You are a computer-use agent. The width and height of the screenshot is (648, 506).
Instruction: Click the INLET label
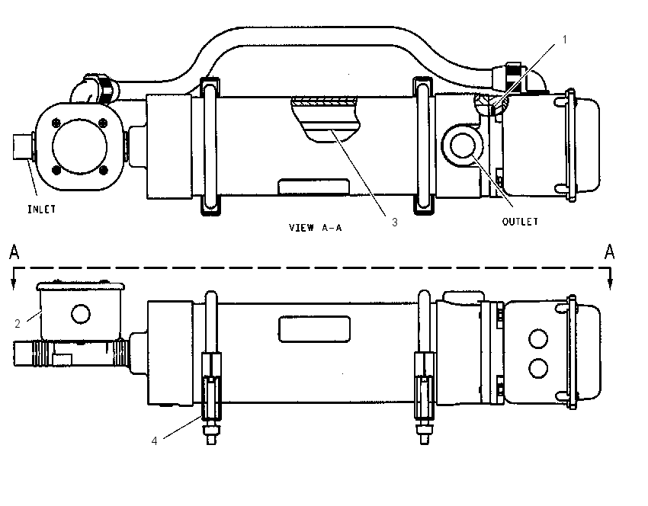coord(41,210)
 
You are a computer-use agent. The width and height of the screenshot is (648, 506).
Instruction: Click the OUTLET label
coord(520,222)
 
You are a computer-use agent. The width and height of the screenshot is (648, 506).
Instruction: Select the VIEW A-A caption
coord(316,228)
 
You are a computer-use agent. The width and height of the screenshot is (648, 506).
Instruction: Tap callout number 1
coord(564,39)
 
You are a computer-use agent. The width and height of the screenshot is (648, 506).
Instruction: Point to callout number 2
coord(18,323)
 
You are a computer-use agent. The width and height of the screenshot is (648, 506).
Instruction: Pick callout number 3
coord(395,223)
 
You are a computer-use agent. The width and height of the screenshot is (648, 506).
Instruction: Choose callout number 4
coord(154,441)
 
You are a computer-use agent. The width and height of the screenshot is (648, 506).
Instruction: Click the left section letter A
coord(14,252)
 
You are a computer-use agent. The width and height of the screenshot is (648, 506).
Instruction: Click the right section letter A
coord(610,252)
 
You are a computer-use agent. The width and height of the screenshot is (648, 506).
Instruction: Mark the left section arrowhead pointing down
coord(14,283)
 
